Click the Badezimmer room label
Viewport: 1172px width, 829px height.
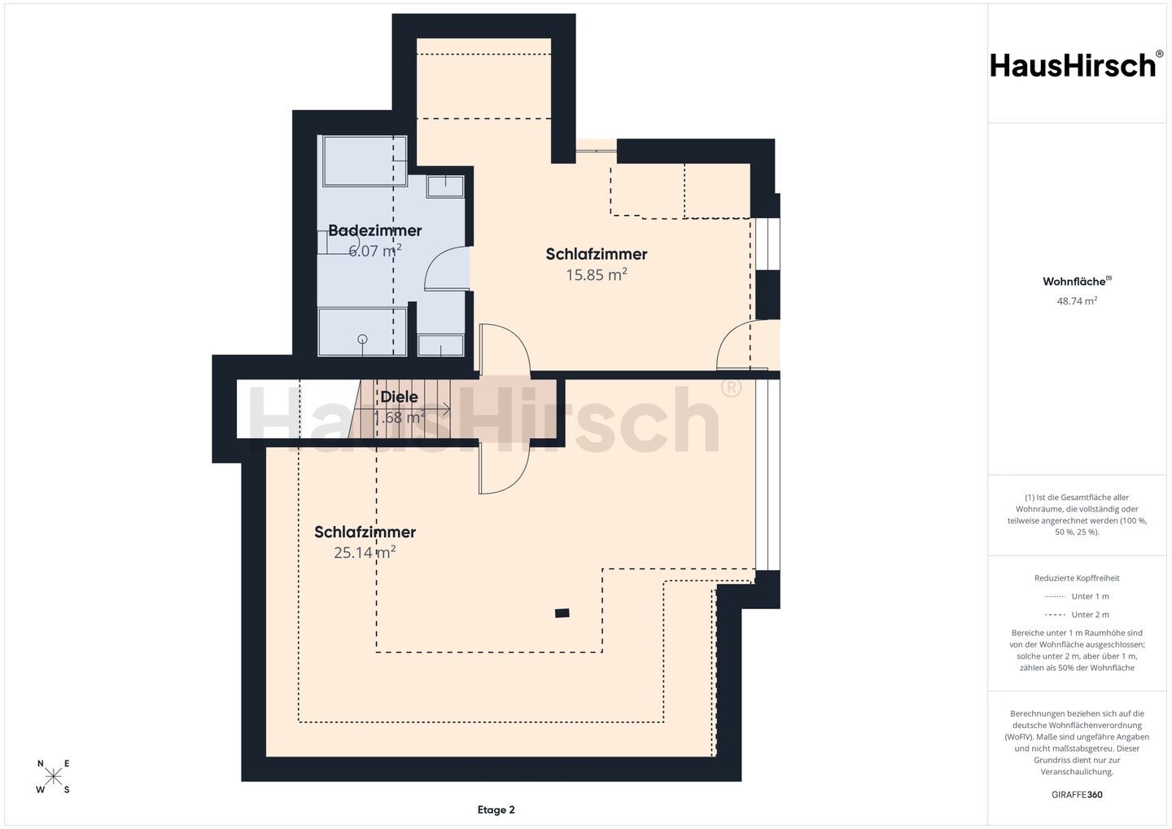(374, 230)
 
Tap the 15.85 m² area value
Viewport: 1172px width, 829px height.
(597, 274)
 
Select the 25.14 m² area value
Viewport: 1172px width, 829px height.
(365, 552)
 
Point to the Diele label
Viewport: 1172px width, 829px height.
(399, 397)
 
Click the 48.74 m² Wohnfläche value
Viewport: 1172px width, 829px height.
(1077, 301)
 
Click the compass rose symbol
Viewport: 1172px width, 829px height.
(54, 776)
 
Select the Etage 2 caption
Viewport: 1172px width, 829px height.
(496, 809)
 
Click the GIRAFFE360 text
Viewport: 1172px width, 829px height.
(1077, 795)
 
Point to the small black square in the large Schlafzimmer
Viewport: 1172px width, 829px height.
(562, 613)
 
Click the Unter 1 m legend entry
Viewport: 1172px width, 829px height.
(1090, 596)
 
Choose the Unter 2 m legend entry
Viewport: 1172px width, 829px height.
(1090, 615)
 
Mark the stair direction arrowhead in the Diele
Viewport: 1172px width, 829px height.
(448, 410)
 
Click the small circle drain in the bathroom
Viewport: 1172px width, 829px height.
(362, 339)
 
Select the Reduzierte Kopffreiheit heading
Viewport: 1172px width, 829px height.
(1077, 578)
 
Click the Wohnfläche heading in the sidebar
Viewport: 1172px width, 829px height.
(1077, 281)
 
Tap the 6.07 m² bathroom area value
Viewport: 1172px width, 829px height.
(375, 251)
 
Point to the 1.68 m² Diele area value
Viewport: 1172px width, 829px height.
(399, 417)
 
